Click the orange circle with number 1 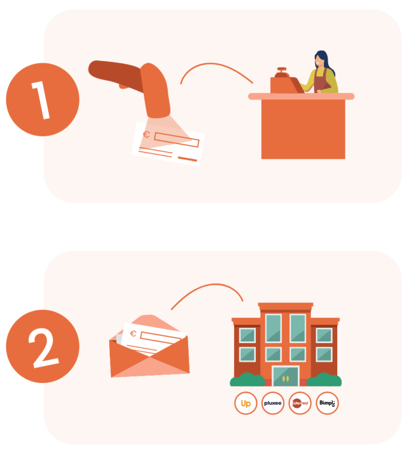(x=43, y=99)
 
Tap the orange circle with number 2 (x=43, y=346)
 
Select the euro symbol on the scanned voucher (x=146, y=134)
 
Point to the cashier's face (x=319, y=61)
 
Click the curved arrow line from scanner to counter (x=215, y=64)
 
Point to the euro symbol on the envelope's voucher (x=133, y=333)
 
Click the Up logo (x=246, y=403)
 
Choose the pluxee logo (x=273, y=403)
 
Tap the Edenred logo (x=300, y=403)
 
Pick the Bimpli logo (x=327, y=403)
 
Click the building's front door (x=285, y=376)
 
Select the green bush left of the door (x=247, y=380)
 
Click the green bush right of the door (x=324, y=380)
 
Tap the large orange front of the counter (x=303, y=129)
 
